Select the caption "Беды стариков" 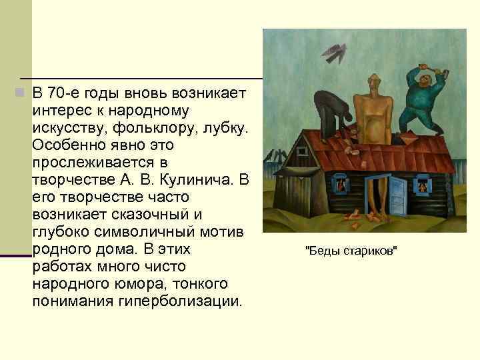click(351, 251)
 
